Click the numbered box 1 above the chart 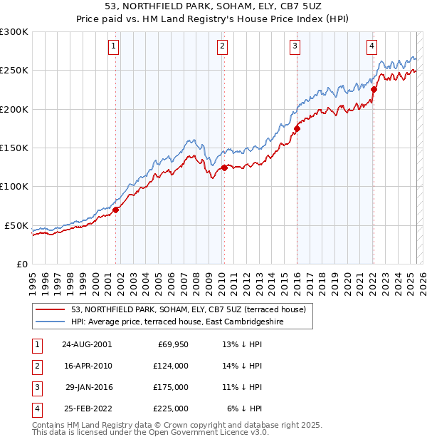click(114, 46)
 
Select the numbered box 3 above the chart click(295, 46)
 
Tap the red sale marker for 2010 click(224, 168)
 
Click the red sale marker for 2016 click(297, 128)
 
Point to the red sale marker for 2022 click(374, 90)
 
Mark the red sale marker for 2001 click(115, 210)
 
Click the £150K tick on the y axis click(14, 148)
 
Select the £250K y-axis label click(14, 71)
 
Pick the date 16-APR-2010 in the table click(87, 366)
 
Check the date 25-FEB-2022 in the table click(87, 408)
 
